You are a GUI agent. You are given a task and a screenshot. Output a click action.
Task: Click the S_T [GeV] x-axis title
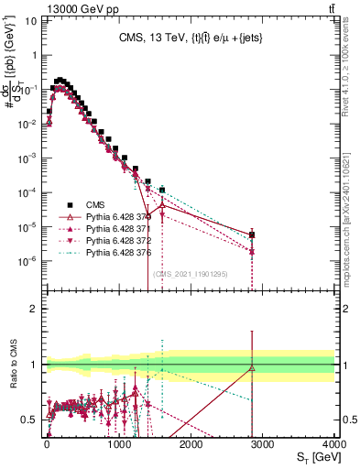(x=313, y=456)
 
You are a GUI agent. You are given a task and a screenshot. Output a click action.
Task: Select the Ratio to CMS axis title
(x=14, y=365)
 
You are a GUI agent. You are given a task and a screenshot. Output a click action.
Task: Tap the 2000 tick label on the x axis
(x=191, y=442)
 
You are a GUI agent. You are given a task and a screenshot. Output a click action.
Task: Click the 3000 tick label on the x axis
(x=264, y=442)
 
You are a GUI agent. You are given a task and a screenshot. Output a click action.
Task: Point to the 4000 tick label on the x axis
(x=335, y=442)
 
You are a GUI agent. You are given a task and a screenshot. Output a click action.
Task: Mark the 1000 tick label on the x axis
(x=119, y=442)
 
